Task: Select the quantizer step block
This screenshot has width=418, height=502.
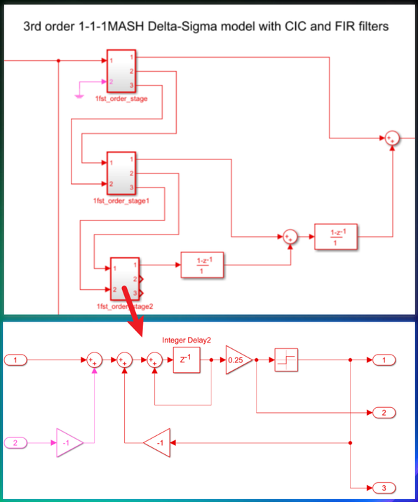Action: (286, 360)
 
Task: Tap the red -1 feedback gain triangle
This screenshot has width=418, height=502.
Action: (158, 443)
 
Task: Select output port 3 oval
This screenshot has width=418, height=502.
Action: (384, 487)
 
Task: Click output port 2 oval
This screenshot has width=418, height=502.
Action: (384, 412)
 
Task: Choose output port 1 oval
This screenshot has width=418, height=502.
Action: (384, 360)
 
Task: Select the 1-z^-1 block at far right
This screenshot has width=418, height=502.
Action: (335, 237)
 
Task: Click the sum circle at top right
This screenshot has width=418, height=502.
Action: (391, 138)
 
